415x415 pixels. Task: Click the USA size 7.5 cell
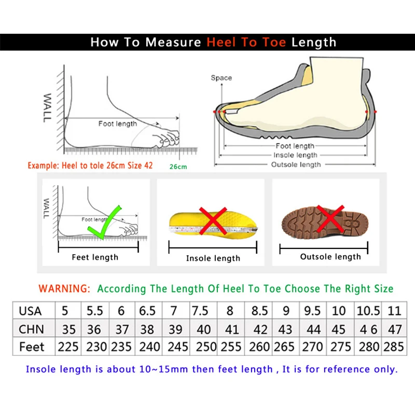201,311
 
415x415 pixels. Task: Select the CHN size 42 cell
260,329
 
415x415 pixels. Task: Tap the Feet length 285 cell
394,347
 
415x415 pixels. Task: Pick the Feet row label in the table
32,347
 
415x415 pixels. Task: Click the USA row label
30,311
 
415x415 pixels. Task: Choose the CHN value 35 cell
68,329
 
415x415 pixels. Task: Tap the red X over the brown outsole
330,218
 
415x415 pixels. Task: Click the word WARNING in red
65,288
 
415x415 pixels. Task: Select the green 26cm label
178,167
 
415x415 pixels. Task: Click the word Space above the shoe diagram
221,78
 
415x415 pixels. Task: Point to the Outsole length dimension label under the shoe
296,164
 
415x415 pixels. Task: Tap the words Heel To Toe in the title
246,43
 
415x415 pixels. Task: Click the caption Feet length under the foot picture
95,257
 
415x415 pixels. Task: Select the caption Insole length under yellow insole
213,258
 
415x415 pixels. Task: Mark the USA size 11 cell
394,311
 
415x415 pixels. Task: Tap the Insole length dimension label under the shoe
296,155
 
